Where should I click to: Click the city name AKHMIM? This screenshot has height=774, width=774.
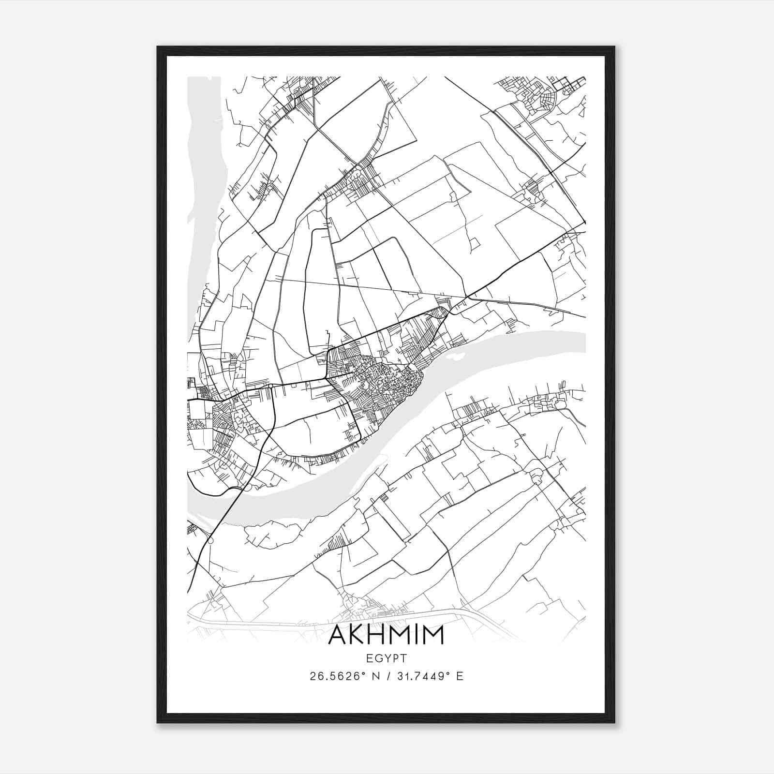[386, 635]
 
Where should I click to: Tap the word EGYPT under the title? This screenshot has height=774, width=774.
[386, 658]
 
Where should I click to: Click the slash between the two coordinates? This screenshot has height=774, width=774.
[386, 676]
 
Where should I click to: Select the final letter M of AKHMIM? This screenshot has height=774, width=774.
[433, 635]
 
